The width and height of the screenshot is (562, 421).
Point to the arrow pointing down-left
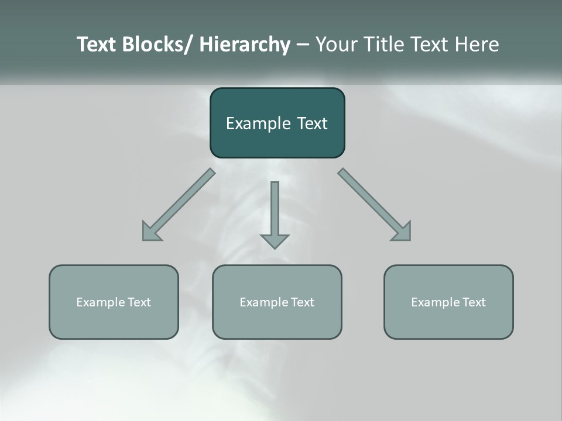click(x=179, y=205)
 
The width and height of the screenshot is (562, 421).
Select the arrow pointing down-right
click(x=375, y=205)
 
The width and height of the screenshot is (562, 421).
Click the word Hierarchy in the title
click(x=245, y=44)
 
